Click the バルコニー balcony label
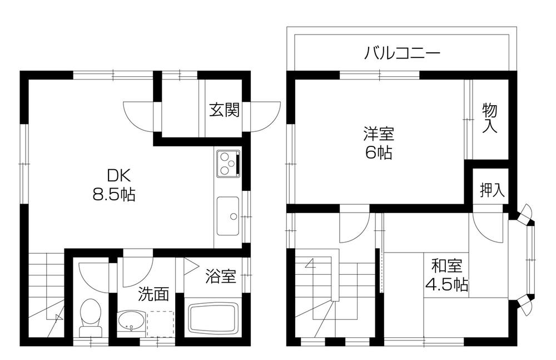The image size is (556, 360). (403, 54)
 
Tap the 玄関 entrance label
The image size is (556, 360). (224, 110)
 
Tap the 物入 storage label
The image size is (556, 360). (489, 118)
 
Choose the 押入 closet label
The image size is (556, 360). (492, 190)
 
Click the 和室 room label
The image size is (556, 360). (446, 266)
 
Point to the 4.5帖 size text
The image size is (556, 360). (446, 285)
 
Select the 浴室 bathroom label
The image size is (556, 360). (221, 275)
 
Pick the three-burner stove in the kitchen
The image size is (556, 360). (227, 162)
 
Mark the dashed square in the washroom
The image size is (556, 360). (160, 323)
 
